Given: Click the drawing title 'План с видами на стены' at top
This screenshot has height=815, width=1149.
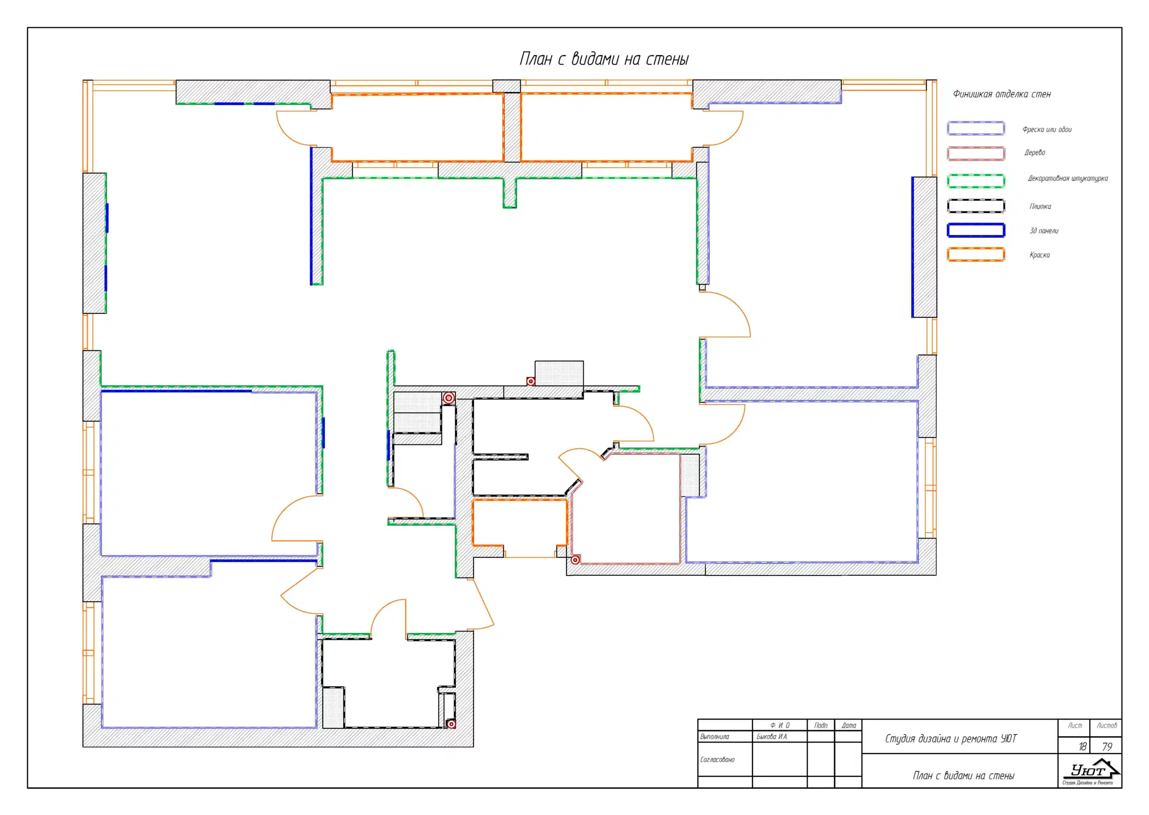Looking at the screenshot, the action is click(604, 59).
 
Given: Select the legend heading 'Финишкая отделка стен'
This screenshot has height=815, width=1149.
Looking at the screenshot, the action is click(1001, 94).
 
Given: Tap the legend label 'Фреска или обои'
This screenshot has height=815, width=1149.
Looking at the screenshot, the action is click(1047, 130).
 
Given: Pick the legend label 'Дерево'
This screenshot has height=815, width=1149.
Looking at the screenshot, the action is click(1035, 153).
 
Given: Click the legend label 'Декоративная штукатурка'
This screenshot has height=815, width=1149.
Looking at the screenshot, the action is click(1068, 179).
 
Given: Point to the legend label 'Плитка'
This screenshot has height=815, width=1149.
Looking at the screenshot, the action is click(1040, 206).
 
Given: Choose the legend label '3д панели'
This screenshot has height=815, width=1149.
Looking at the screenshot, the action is click(1044, 231).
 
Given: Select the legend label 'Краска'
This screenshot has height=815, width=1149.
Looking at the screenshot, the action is click(1039, 255).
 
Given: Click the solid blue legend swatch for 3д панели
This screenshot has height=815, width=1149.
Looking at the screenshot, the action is click(976, 230).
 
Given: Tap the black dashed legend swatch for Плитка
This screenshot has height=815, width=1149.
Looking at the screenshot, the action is click(976, 206).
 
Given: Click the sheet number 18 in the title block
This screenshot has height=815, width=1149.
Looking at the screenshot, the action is click(1083, 747).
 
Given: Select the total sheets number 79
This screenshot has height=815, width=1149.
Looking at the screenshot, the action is click(1107, 747).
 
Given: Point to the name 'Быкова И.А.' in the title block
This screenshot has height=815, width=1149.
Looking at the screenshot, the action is click(772, 737).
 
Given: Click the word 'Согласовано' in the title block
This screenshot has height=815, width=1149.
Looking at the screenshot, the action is click(718, 760).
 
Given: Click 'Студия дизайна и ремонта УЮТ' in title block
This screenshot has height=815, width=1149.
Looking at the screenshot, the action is click(951, 739).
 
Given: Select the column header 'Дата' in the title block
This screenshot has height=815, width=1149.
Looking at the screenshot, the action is click(849, 726).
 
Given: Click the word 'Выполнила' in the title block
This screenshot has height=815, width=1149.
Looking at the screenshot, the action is click(715, 737).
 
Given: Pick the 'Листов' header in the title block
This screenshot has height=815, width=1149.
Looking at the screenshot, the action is click(1107, 726).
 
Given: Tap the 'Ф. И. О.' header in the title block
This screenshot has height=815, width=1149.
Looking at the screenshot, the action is click(780, 726).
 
